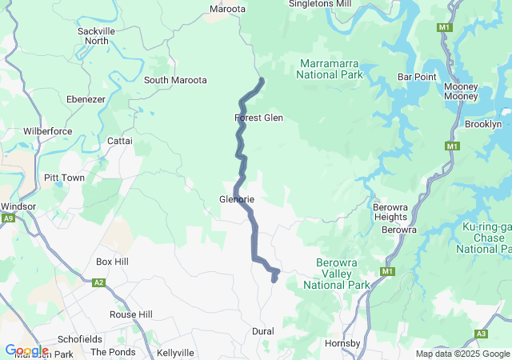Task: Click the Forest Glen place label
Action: (x=258, y=118)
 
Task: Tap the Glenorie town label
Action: (x=237, y=199)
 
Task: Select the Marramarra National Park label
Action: (x=330, y=69)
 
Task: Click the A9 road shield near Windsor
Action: (x=8, y=218)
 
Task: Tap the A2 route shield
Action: (x=99, y=282)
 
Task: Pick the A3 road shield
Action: (x=481, y=334)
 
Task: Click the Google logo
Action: (x=26, y=350)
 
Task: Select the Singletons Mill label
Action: (x=319, y=4)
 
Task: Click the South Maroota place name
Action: (x=175, y=80)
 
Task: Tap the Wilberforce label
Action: (x=48, y=130)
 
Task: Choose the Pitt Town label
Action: (x=64, y=178)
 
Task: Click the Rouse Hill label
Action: (x=130, y=314)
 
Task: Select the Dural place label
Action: (x=262, y=331)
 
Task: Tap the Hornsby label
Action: (x=343, y=344)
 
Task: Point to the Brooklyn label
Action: (x=483, y=124)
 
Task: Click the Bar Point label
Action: (x=417, y=77)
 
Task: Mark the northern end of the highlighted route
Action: (x=262, y=80)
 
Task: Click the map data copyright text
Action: (x=462, y=354)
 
